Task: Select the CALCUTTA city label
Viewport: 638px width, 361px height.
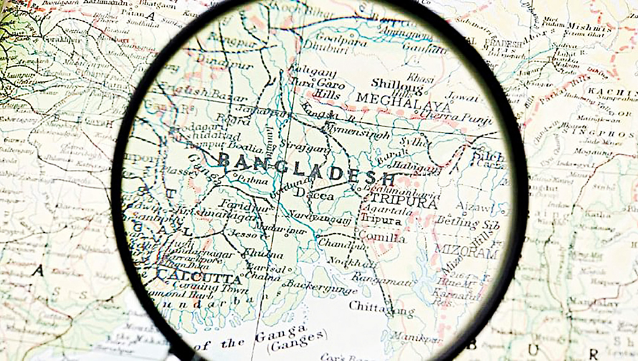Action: [198, 277]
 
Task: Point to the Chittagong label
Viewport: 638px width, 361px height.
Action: [381, 307]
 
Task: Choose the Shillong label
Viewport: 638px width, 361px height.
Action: [397, 83]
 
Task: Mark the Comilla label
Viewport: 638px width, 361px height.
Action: [381, 238]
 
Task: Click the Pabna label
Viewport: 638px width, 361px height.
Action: [254, 181]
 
